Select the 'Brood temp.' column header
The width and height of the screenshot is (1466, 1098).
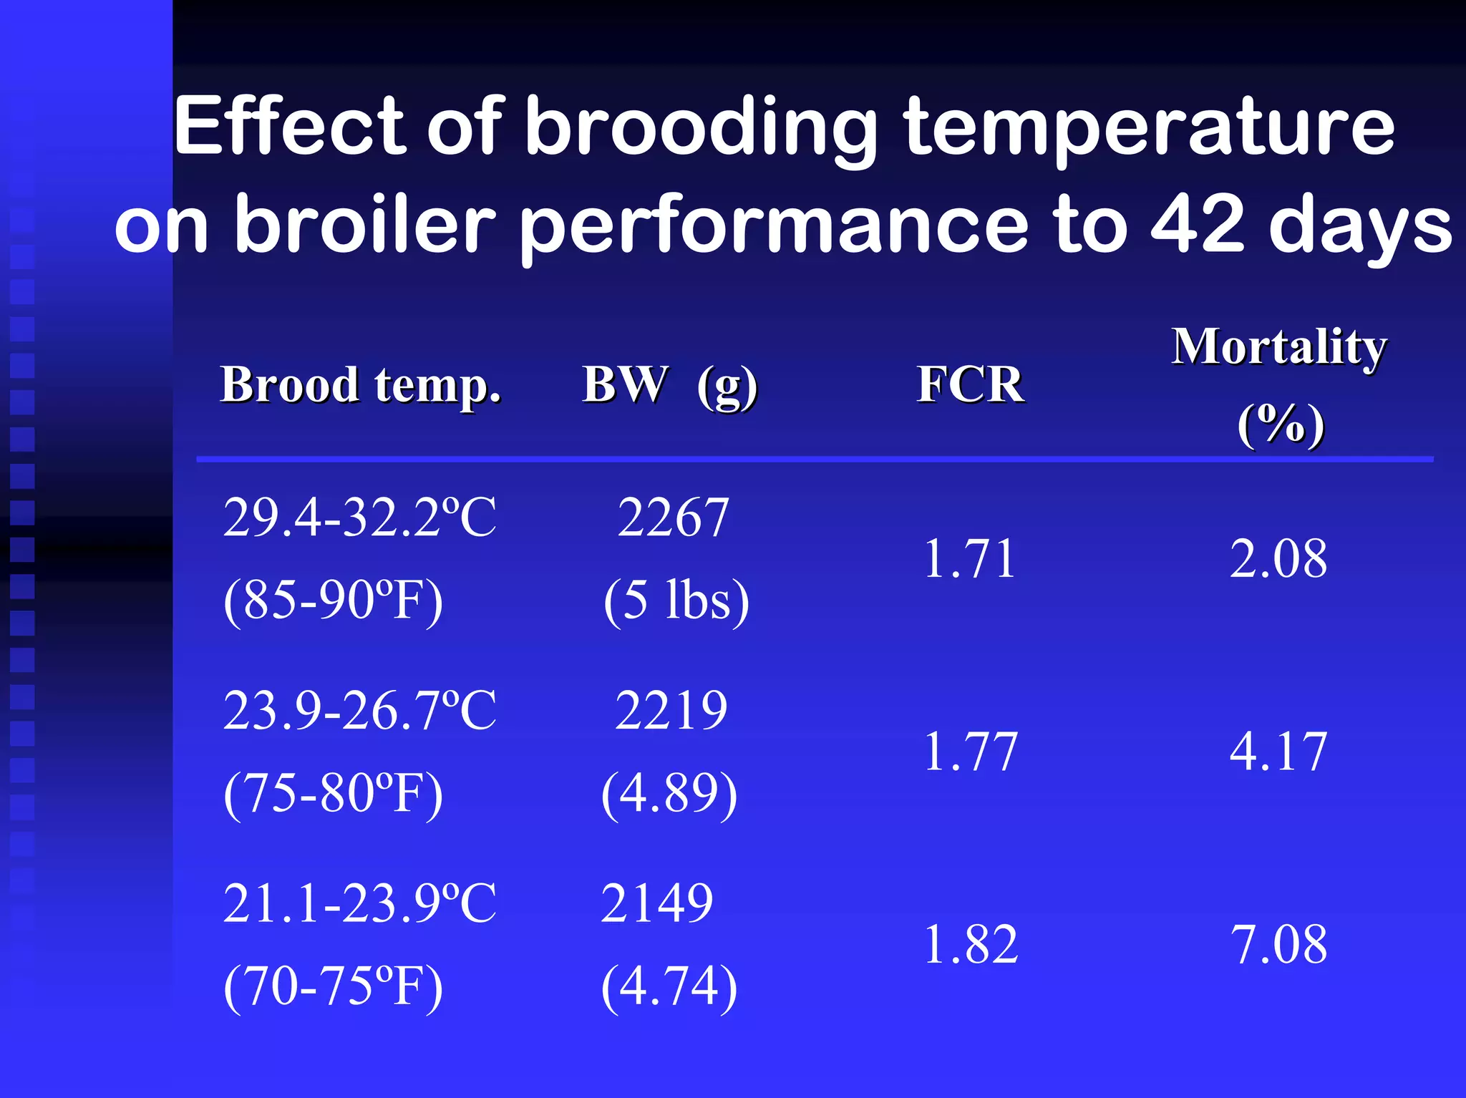[x=361, y=385]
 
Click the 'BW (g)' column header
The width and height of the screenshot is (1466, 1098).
[x=669, y=385]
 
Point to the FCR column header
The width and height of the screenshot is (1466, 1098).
[x=970, y=385]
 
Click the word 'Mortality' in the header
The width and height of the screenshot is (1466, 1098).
[x=1279, y=347]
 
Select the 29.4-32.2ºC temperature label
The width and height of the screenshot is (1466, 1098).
[x=359, y=517]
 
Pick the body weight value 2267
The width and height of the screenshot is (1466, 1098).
[x=673, y=517]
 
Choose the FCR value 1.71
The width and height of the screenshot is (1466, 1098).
[x=970, y=558]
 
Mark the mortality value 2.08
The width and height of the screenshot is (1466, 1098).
[x=1278, y=558]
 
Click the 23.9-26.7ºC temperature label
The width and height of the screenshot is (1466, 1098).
[x=359, y=711]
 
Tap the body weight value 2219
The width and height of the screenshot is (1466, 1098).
[x=671, y=711]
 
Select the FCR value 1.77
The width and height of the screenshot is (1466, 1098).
[x=971, y=752]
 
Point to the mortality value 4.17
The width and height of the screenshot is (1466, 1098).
[x=1278, y=752]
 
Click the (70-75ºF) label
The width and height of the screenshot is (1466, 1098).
[x=333, y=986]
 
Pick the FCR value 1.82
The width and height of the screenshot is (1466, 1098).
[x=971, y=945]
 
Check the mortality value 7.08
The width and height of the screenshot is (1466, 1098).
[x=1278, y=945]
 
